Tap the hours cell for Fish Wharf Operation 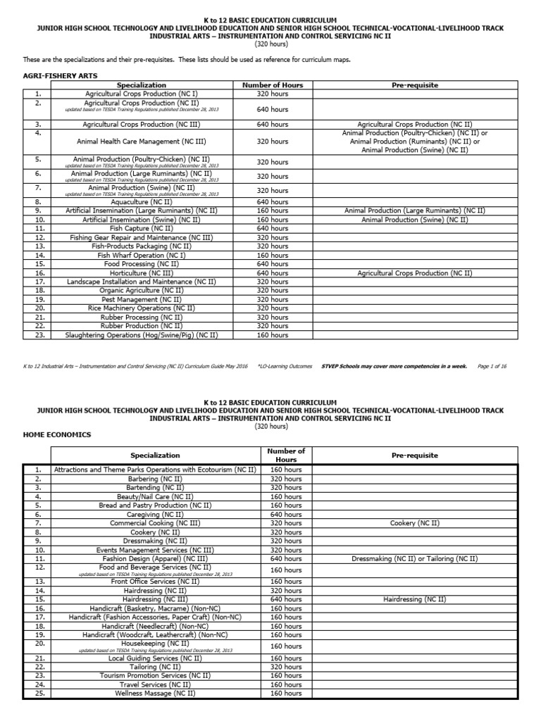click(x=272, y=255)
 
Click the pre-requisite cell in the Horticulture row click(x=414, y=272)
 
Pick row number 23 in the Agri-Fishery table click(x=38, y=335)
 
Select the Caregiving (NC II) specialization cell click(x=155, y=514)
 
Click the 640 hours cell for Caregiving click(x=286, y=514)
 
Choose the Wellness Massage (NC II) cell click(x=155, y=693)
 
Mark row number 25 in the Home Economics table click(x=39, y=693)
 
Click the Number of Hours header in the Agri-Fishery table click(x=272, y=85)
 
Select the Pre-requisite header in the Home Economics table click(x=414, y=455)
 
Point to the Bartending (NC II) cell click(x=155, y=487)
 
